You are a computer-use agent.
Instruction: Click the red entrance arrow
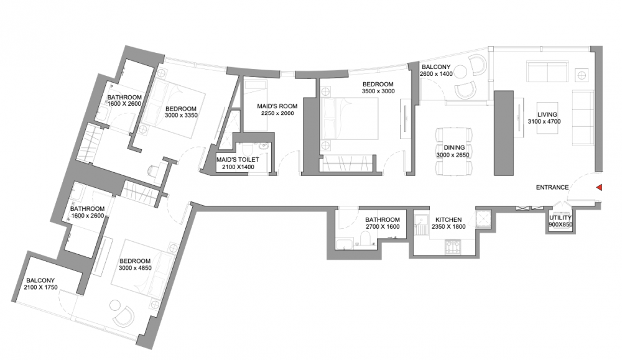(600, 188)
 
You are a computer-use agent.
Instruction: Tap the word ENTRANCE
(552, 188)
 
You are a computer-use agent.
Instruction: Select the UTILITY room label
(560, 218)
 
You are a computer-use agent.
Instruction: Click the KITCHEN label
(448, 219)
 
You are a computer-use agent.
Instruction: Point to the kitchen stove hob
(453, 247)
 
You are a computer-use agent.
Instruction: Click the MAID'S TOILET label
(238, 159)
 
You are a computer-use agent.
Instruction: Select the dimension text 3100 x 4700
(544, 122)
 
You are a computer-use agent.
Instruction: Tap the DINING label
(454, 147)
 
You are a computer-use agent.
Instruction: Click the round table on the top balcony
(461, 72)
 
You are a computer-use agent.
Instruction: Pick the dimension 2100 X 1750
(40, 287)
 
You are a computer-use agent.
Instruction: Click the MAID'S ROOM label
(277, 106)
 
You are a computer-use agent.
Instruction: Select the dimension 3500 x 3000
(378, 91)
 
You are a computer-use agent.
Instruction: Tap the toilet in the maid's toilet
(247, 149)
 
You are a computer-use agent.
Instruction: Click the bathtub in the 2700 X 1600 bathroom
(343, 244)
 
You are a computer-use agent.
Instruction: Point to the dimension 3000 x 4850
(135, 268)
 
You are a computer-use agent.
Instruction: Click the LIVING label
(547, 114)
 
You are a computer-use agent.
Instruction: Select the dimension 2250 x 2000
(277, 113)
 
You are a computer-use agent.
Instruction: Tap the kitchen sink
(420, 218)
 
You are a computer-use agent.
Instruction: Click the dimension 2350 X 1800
(448, 227)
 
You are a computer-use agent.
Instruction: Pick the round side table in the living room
(582, 75)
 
